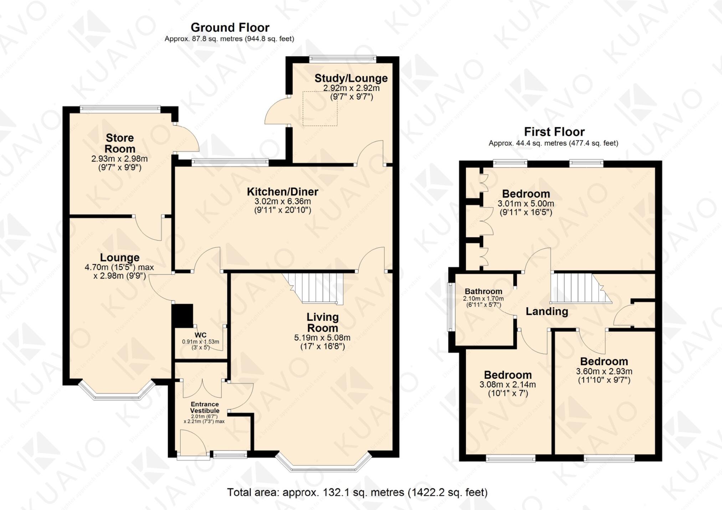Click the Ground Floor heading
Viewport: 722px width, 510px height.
[230, 27]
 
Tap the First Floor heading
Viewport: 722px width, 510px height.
[554, 132]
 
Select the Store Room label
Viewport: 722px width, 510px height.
[120, 143]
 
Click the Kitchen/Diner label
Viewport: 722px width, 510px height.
[282, 192]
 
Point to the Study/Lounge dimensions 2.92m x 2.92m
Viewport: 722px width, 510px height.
[351, 88]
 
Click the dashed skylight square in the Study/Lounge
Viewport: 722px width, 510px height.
[320, 108]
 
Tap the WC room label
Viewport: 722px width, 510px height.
[200, 335]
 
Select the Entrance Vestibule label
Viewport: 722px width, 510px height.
[205, 407]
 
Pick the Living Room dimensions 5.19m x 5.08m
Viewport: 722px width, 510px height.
[322, 338]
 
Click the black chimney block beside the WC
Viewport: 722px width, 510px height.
[183, 315]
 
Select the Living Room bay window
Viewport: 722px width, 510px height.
[323, 465]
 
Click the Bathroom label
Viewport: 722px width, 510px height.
[483, 292]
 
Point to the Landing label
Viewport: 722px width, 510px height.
[547, 311]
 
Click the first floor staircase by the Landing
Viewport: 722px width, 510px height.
[578, 288]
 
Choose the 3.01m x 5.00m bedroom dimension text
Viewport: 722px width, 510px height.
[526, 204]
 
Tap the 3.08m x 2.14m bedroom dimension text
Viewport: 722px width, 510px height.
[507, 385]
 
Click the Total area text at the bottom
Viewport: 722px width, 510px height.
[357, 493]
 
